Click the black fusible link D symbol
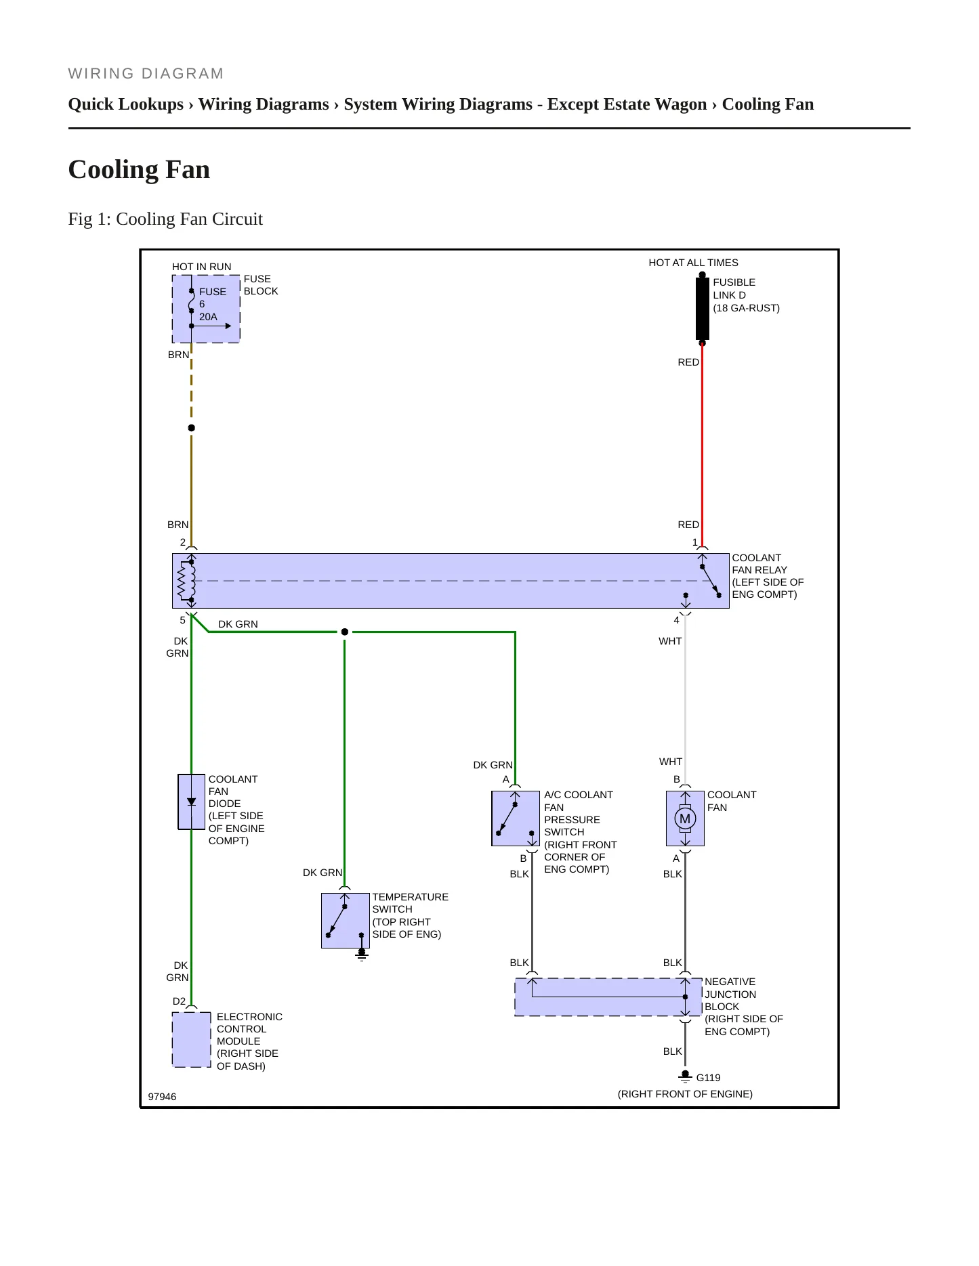click(x=703, y=309)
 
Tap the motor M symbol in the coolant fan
click(x=685, y=818)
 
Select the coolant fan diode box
click(x=191, y=802)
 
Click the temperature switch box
click(x=346, y=921)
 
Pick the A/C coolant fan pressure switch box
click(x=516, y=818)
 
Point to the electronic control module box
click(x=192, y=1039)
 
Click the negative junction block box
click(x=608, y=997)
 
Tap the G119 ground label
click(x=708, y=1078)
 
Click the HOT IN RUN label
click(x=202, y=267)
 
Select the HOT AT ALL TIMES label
click(x=693, y=263)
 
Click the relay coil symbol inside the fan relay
click(x=186, y=581)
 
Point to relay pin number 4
click(x=676, y=620)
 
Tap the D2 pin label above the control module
click(x=179, y=1001)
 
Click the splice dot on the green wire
click(x=345, y=632)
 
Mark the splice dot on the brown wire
click(x=192, y=428)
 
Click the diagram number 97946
click(x=162, y=1097)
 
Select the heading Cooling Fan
click(x=139, y=169)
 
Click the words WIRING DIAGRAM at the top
click(x=146, y=73)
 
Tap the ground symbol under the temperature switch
click(x=362, y=955)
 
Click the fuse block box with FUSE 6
click(x=206, y=309)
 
